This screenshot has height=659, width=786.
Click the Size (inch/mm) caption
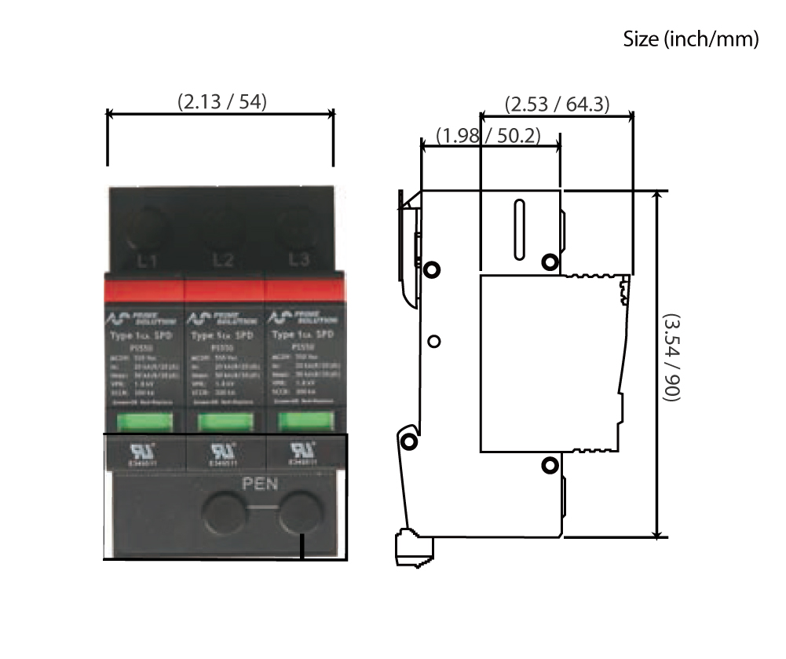click(690, 38)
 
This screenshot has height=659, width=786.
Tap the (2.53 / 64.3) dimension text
click(557, 104)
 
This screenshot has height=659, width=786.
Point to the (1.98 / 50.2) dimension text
click(490, 135)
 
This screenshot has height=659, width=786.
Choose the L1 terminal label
click(147, 260)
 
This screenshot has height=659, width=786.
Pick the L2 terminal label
click(224, 260)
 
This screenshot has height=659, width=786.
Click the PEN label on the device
click(260, 484)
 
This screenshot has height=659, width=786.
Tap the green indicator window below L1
click(143, 423)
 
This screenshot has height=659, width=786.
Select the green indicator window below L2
click(223, 423)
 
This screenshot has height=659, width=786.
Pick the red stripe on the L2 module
click(224, 290)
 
